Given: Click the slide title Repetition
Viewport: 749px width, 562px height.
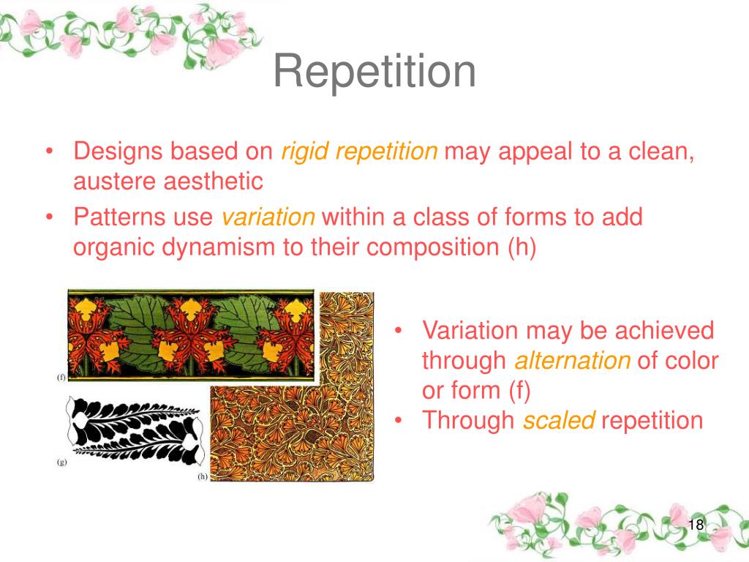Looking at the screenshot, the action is click(374, 72).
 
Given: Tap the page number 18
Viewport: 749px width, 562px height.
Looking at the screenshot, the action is click(696, 524).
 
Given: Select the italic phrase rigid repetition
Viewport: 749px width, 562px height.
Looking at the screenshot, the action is click(359, 151).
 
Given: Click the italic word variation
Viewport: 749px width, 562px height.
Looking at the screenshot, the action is click(268, 217).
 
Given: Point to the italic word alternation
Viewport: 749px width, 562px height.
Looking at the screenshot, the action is click(573, 360).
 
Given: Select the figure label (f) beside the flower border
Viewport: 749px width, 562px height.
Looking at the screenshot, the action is click(61, 377).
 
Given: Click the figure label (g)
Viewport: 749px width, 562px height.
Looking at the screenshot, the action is click(61, 462).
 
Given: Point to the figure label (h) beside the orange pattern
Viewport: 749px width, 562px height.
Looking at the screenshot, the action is click(203, 476).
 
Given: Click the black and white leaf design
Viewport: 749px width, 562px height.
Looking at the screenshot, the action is click(135, 431).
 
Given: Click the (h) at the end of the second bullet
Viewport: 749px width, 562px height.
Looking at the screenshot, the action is click(522, 247).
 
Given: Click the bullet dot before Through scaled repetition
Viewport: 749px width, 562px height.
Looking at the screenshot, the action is click(398, 421).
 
